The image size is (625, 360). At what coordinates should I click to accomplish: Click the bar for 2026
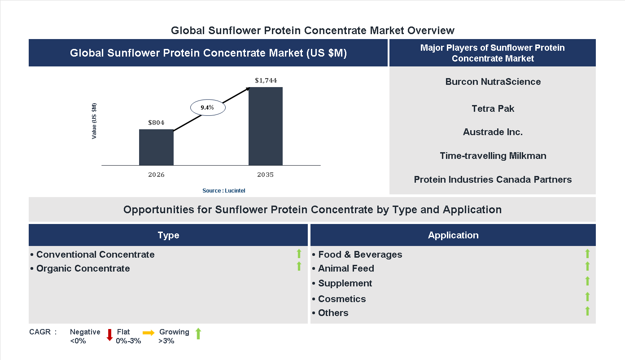click(156, 147)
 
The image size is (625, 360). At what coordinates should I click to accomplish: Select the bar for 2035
click(266, 126)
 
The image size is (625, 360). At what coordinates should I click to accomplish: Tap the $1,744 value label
click(266, 81)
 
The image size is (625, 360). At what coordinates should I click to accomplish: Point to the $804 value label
click(157, 123)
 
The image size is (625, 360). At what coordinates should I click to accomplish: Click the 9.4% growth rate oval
click(208, 108)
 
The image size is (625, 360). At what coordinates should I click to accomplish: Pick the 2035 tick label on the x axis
click(266, 175)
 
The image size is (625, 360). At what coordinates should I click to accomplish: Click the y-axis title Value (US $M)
click(94, 121)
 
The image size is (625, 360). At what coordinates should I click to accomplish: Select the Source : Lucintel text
click(223, 191)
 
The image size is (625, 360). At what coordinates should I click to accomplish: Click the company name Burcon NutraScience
click(493, 82)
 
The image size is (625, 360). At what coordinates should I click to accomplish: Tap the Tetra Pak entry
click(493, 109)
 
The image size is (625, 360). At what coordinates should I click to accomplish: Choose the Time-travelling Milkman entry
click(493, 156)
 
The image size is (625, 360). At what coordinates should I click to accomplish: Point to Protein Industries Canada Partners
click(493, 180)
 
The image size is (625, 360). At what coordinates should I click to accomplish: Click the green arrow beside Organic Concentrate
click(299, 267)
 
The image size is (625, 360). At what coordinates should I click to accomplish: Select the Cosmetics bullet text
click(342, 299)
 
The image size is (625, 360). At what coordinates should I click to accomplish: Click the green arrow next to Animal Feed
click(587, 267)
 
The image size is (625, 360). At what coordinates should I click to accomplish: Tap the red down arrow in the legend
click(109, 335)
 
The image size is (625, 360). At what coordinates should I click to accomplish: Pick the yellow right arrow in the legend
click(149, 333)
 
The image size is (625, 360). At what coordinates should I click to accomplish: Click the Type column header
click(168, 235)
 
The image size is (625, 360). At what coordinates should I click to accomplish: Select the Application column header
click(453, 235)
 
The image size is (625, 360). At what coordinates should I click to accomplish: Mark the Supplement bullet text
click(345, 283)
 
